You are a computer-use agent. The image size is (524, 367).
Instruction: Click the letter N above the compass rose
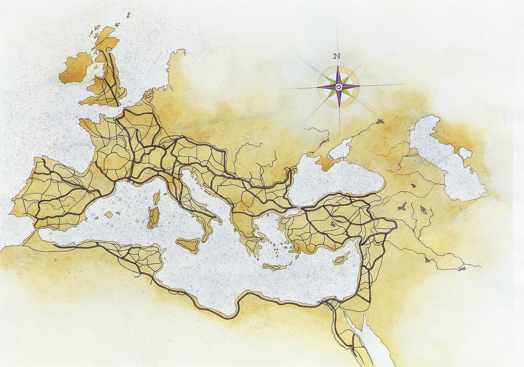click(337, 56)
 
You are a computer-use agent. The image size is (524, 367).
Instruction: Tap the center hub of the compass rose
click(339, 87)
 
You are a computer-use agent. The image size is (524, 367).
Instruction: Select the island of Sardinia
click(154, 218)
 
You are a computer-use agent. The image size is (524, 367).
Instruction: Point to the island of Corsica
click(157, 197)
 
